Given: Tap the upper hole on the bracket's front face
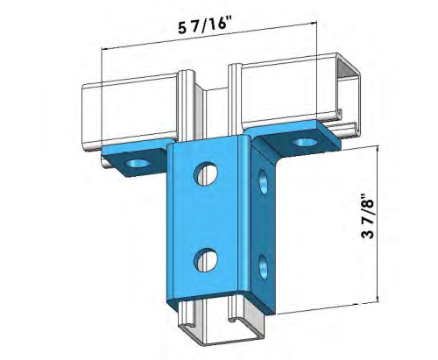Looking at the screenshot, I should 208,172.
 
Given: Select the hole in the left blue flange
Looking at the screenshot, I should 137,163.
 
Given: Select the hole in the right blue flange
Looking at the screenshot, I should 303,141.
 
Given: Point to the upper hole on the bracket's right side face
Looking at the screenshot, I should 262,183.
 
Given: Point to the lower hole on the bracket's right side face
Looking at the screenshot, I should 263,264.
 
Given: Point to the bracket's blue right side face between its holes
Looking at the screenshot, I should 263,223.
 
